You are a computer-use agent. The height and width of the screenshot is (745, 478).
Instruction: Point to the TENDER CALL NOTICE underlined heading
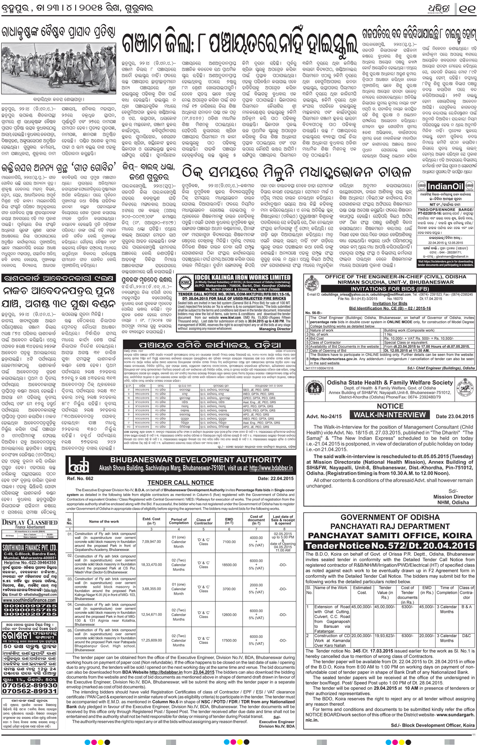pos(180,482)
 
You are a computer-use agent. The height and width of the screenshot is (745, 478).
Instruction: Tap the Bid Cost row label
pos(317,338)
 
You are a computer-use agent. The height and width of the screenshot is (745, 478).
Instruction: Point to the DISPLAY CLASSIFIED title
pos(30,522)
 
